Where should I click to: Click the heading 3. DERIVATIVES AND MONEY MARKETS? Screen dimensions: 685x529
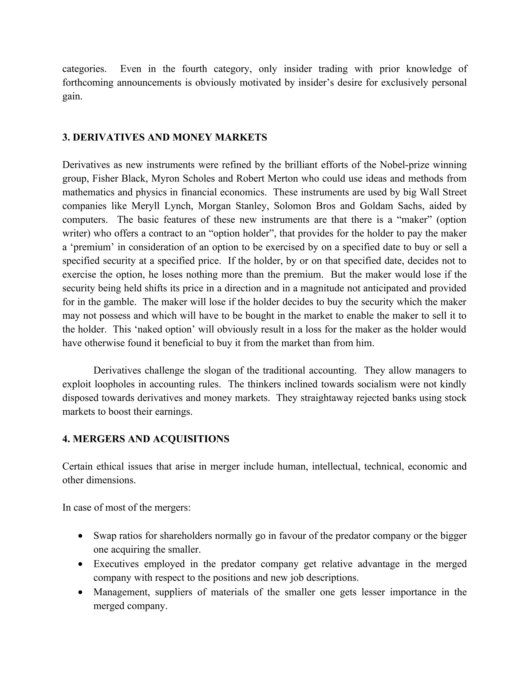(x=165, y=137)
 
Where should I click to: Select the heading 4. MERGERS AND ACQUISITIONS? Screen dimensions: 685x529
(x=146, y=439)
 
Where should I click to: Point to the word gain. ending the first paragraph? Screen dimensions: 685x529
(x=72, y=97)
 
